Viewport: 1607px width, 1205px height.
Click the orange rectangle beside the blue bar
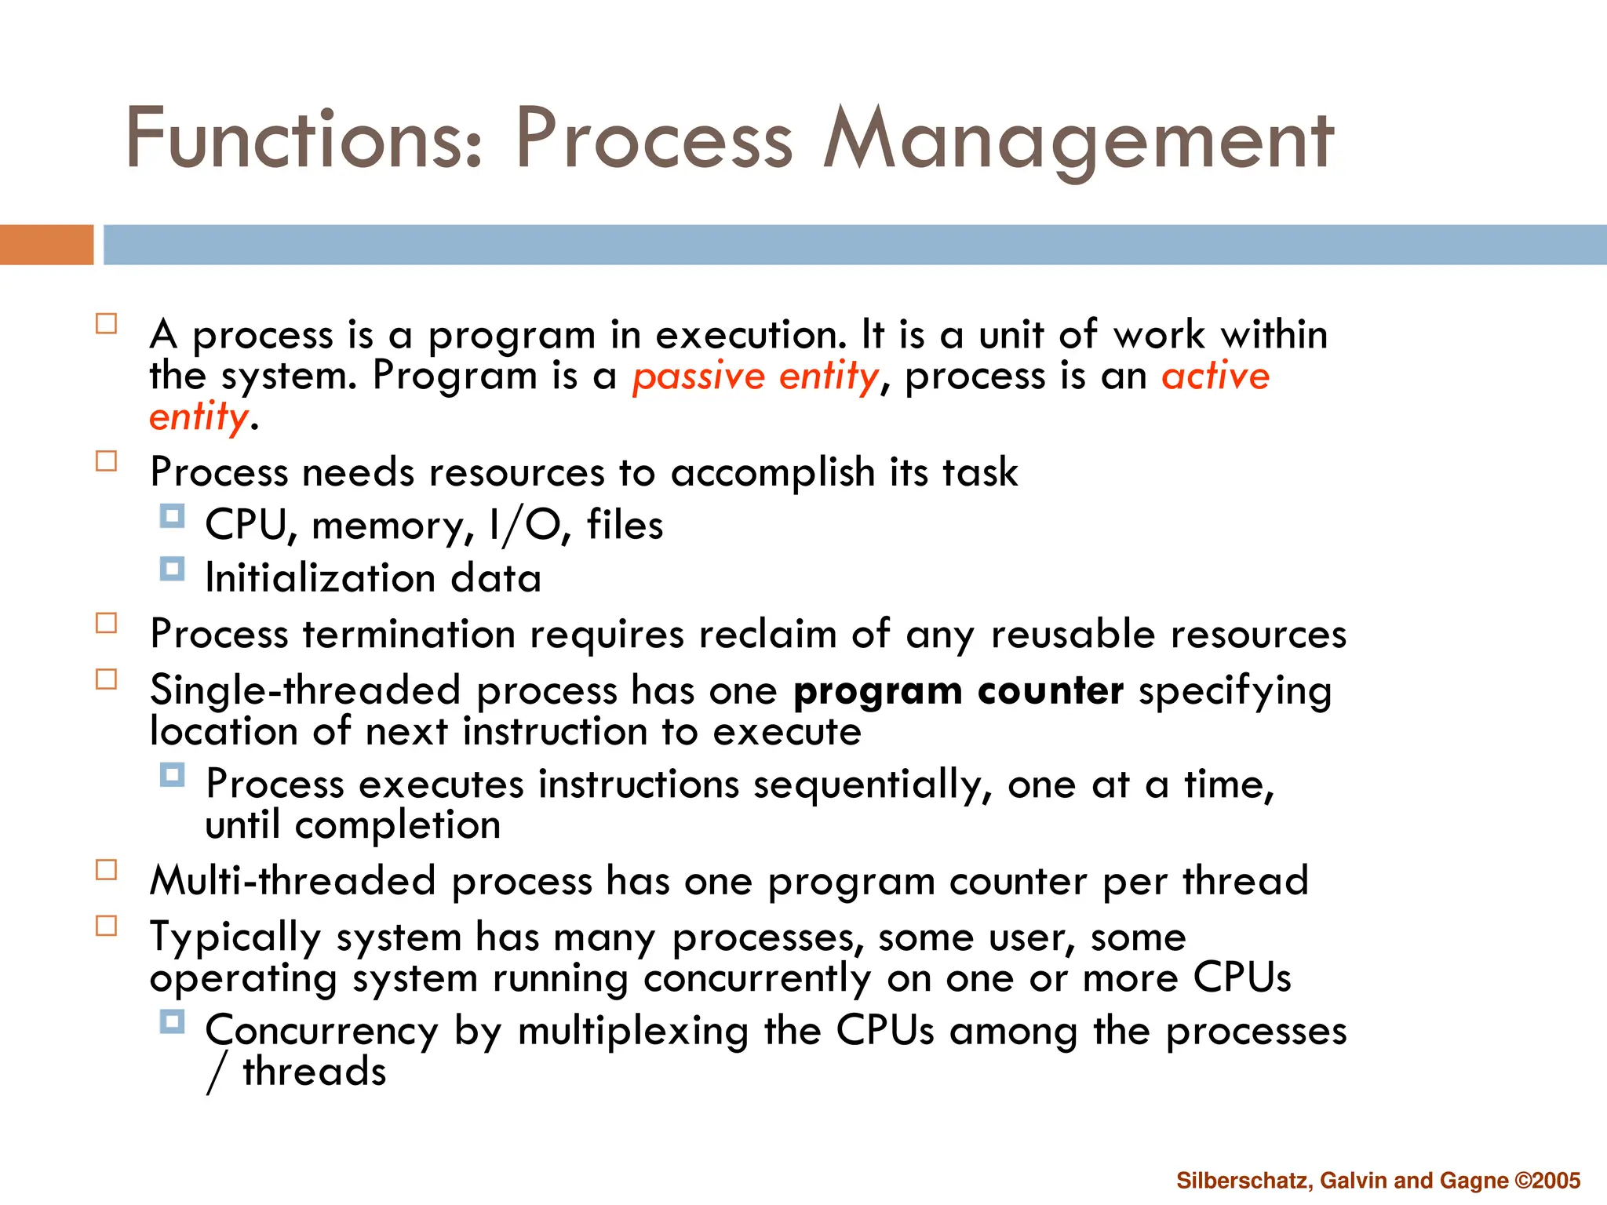pyautogui.click(x=46, y=245)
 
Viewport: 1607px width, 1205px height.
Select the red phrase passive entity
pyautogui.click(x=756, y=376)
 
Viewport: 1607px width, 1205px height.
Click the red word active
pyautogui.click(x=1215, y=376)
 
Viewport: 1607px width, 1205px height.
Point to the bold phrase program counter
pyautogui.click(x=958, y=691)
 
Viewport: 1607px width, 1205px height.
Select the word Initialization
pyautogui.click(x=320, y=578)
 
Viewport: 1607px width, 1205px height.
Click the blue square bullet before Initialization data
pyautogui.click(x=172, y=569)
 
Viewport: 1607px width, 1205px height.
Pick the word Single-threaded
pyautogui.click(x=304, y=691)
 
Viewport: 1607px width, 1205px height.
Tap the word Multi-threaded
pyautogui.click(x=293, y=880)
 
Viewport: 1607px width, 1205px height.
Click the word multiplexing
pyautogui.click(x=632, y=1031)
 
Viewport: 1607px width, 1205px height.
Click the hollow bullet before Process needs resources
pyautogui.click(x=107, y=461)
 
